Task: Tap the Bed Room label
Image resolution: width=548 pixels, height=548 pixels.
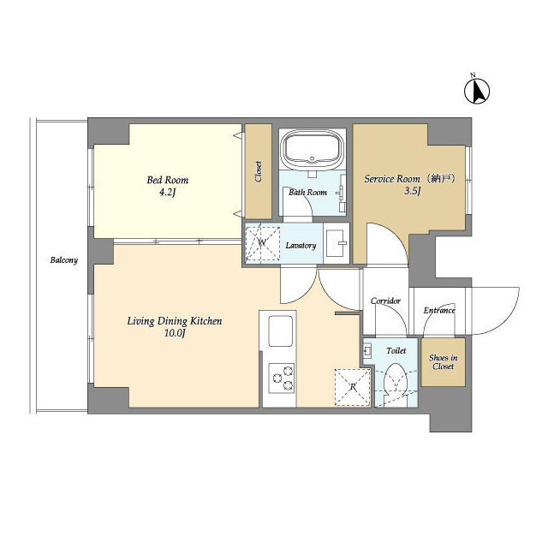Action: tap(168, 181)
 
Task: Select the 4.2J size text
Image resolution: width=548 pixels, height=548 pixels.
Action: tap(168, 194)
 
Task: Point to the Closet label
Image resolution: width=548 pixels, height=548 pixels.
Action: tap(259, 171)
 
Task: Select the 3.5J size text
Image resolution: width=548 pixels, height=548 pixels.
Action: tap(413, 193)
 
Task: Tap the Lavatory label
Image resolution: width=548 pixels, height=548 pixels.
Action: tap(301, 246)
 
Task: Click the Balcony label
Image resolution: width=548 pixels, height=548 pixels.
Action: tap(63, 260)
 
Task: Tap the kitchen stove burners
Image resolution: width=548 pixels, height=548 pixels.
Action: tap(282, 374)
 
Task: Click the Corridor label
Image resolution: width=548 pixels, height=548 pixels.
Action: tap(385, 301)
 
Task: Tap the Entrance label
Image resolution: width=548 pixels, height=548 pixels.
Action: tap(439, 310)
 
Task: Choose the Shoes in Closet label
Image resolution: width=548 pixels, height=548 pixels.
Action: tap(443, 361)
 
